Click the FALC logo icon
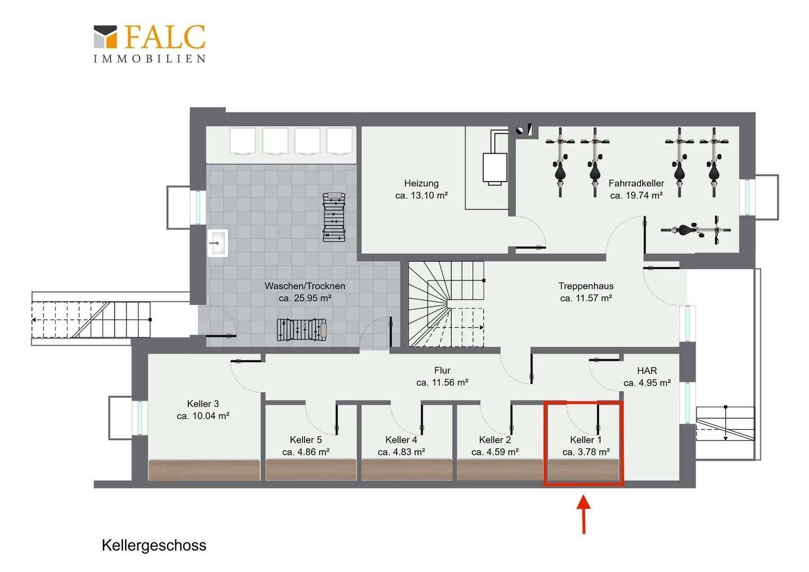coord(106,37)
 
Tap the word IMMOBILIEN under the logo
coord(149,59)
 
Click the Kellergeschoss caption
coord(154,545)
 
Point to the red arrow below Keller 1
coord(584,514)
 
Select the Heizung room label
coord(421,183)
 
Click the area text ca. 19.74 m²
coord(637,196)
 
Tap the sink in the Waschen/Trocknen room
coord(218,243)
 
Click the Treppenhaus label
coord(586,286)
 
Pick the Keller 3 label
coord(203,403)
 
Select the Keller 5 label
coord(306,440)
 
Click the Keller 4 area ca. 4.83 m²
coord(401,452)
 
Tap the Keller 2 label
coord(495,440)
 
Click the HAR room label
coord(647,370)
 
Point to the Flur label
coord(442,370)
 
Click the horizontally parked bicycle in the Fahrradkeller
coord(696,230)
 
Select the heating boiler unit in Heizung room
coord(495,168)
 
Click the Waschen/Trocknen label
coord(305,286)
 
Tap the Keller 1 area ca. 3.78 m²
coord(586,452)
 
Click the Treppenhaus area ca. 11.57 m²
coord(586,298)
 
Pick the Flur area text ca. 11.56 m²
coord(442,383)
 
